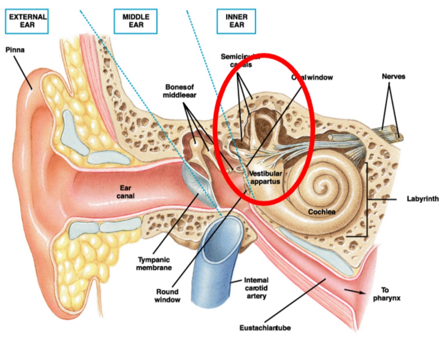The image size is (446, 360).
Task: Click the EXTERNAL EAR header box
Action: pos(27,21)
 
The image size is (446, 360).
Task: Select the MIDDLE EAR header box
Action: pos(135,21)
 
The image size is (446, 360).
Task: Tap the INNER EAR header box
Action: pos(236,21)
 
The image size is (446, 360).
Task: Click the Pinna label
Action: pos(15,50)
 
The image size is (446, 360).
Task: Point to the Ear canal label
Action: pos(125,192)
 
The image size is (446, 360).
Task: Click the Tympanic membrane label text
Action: pos(154,264)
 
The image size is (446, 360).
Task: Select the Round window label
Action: pos(167,296)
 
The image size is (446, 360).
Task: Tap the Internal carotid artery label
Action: pos(256,288)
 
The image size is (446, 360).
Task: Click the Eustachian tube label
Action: pos(265,328)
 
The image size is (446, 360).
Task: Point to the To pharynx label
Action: pos(386,294)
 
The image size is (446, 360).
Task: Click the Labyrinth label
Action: pos(423,199)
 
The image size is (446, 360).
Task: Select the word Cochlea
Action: pos(321,212)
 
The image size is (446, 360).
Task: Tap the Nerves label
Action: pos(393,77)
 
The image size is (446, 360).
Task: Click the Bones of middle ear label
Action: pos(180,91)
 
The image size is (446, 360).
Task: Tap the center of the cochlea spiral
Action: pos(324,185)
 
